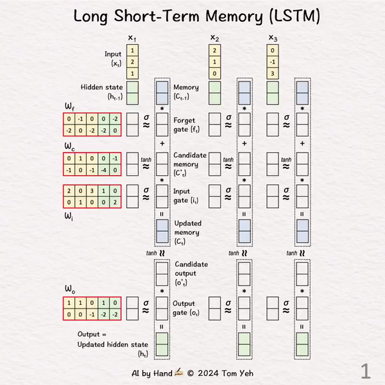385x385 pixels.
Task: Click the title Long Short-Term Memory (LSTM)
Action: pos(192,16)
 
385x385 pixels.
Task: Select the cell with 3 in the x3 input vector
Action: pos(273,73)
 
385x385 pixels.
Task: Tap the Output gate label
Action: pos(186,308)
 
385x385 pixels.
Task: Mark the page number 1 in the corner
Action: pos(365,370)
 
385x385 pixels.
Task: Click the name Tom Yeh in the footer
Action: pos(241,372)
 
